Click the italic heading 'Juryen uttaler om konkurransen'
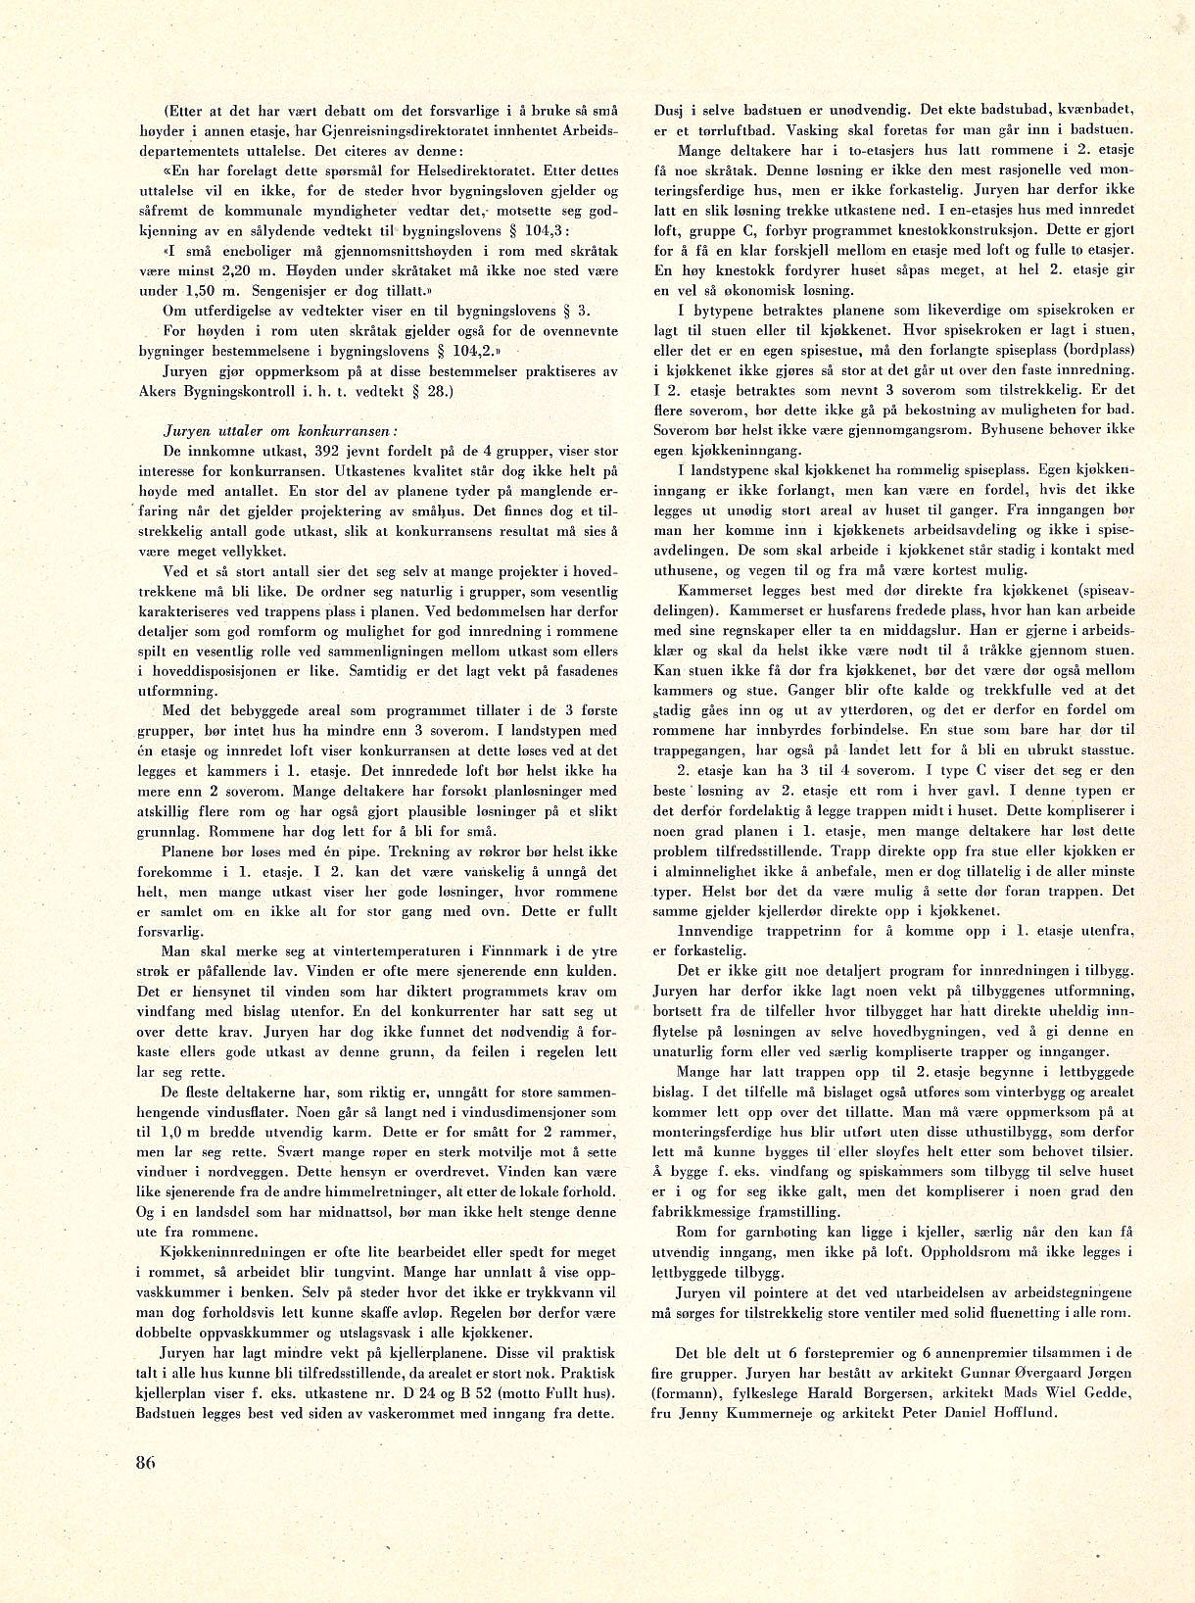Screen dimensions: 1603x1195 [279, 430]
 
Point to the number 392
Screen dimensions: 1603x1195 [332, 452]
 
